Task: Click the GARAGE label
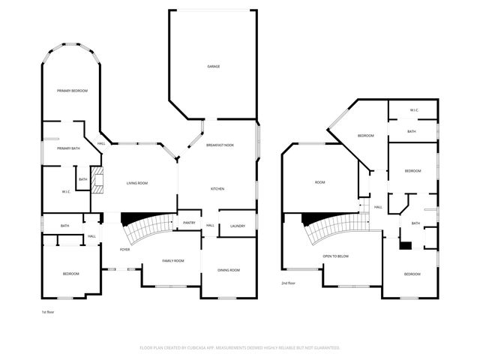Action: [x=214, y=66]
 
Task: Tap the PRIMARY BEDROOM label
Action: [x=72, y=91]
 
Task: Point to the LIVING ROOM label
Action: [x=136, y=183]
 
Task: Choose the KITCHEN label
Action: [x=217, y=188]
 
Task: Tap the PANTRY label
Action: [x=189, y=223]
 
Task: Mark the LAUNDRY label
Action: [x=238, y=226]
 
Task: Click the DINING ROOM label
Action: [x=228, y=269]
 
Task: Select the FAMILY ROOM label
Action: [x=173, y=260]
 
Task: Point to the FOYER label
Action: [x=124, y=249]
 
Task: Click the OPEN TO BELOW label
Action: [x=335, y=256]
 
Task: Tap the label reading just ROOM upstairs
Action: [x=319, y=182]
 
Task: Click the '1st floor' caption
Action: [x=48, y=311]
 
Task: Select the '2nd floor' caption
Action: [x=289, y=283]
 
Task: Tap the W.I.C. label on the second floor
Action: [x=413, y=110]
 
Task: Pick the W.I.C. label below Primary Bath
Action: [x=66, y=191]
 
